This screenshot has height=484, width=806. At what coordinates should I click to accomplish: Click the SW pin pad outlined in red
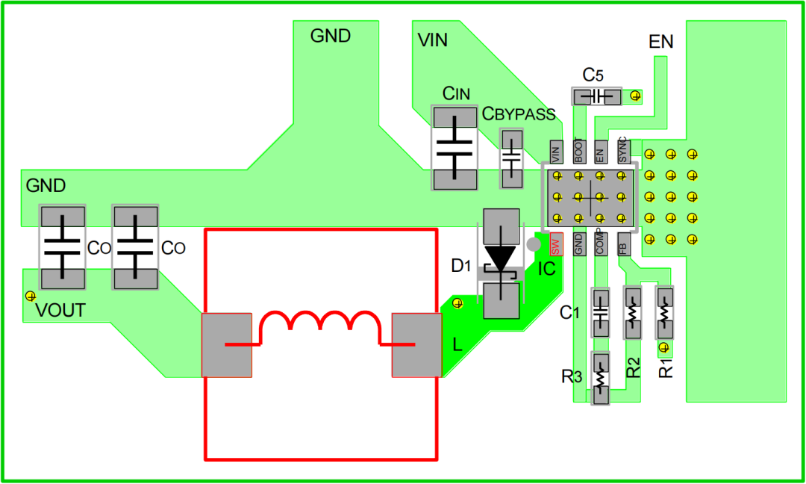(556, 243)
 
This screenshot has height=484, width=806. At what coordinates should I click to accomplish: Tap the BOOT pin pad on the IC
(579, 152)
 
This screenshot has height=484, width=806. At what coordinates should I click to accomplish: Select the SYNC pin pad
(623, 152)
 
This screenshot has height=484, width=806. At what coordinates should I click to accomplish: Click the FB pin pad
(623, 243)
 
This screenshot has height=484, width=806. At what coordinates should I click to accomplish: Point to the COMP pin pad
(600, 243)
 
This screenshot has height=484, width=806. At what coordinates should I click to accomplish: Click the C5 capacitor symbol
(597, 96)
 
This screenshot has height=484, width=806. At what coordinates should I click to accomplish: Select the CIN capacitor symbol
(454, 148)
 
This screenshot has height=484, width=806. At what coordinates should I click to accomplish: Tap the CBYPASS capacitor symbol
(511, 158)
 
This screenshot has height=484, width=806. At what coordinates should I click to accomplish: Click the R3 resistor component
(600, 379)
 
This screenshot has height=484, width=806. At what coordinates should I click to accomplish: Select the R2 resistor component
(632, 313)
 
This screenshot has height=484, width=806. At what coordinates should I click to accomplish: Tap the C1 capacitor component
(600, 313)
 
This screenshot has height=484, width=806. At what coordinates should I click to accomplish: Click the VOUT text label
(60, 311)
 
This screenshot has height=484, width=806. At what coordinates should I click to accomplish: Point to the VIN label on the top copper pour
(432, 40)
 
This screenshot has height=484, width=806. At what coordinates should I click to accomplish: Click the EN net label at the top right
(661, 41)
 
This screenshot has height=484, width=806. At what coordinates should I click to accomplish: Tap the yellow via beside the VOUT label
(31, 296)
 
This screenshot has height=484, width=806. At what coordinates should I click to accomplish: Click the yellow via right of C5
(636, 96)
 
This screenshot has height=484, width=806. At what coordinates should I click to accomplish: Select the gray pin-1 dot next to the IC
(534, 243)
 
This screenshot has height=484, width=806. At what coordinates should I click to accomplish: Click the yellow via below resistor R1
(664, 348)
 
